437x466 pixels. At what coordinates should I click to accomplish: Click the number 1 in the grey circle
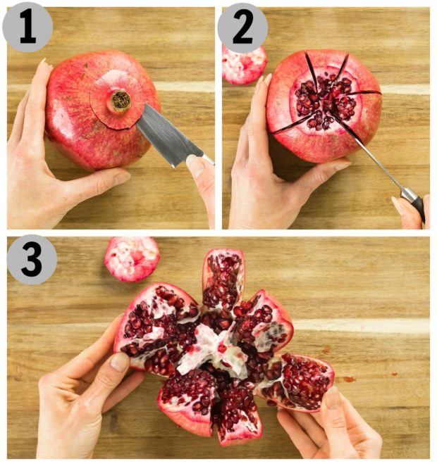pos(27,27)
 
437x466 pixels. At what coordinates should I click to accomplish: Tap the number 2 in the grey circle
pos(242,27)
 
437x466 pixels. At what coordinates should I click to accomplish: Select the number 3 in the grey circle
pos(32,259)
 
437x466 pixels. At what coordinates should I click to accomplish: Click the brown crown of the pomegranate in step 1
pos(121,101)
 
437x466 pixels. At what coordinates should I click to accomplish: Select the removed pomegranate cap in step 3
pos(132,258)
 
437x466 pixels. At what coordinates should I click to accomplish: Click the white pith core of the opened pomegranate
pos(213,351)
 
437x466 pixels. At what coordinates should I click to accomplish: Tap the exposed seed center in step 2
pos(325,101)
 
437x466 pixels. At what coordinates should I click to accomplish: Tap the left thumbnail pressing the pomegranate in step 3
pos(119,362)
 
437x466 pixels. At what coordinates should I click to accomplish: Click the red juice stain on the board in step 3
pos(349,379)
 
